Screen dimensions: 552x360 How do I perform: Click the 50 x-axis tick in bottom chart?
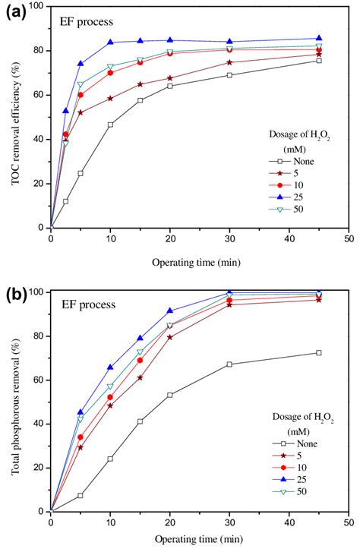348,522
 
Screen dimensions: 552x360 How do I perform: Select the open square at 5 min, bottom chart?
81,495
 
